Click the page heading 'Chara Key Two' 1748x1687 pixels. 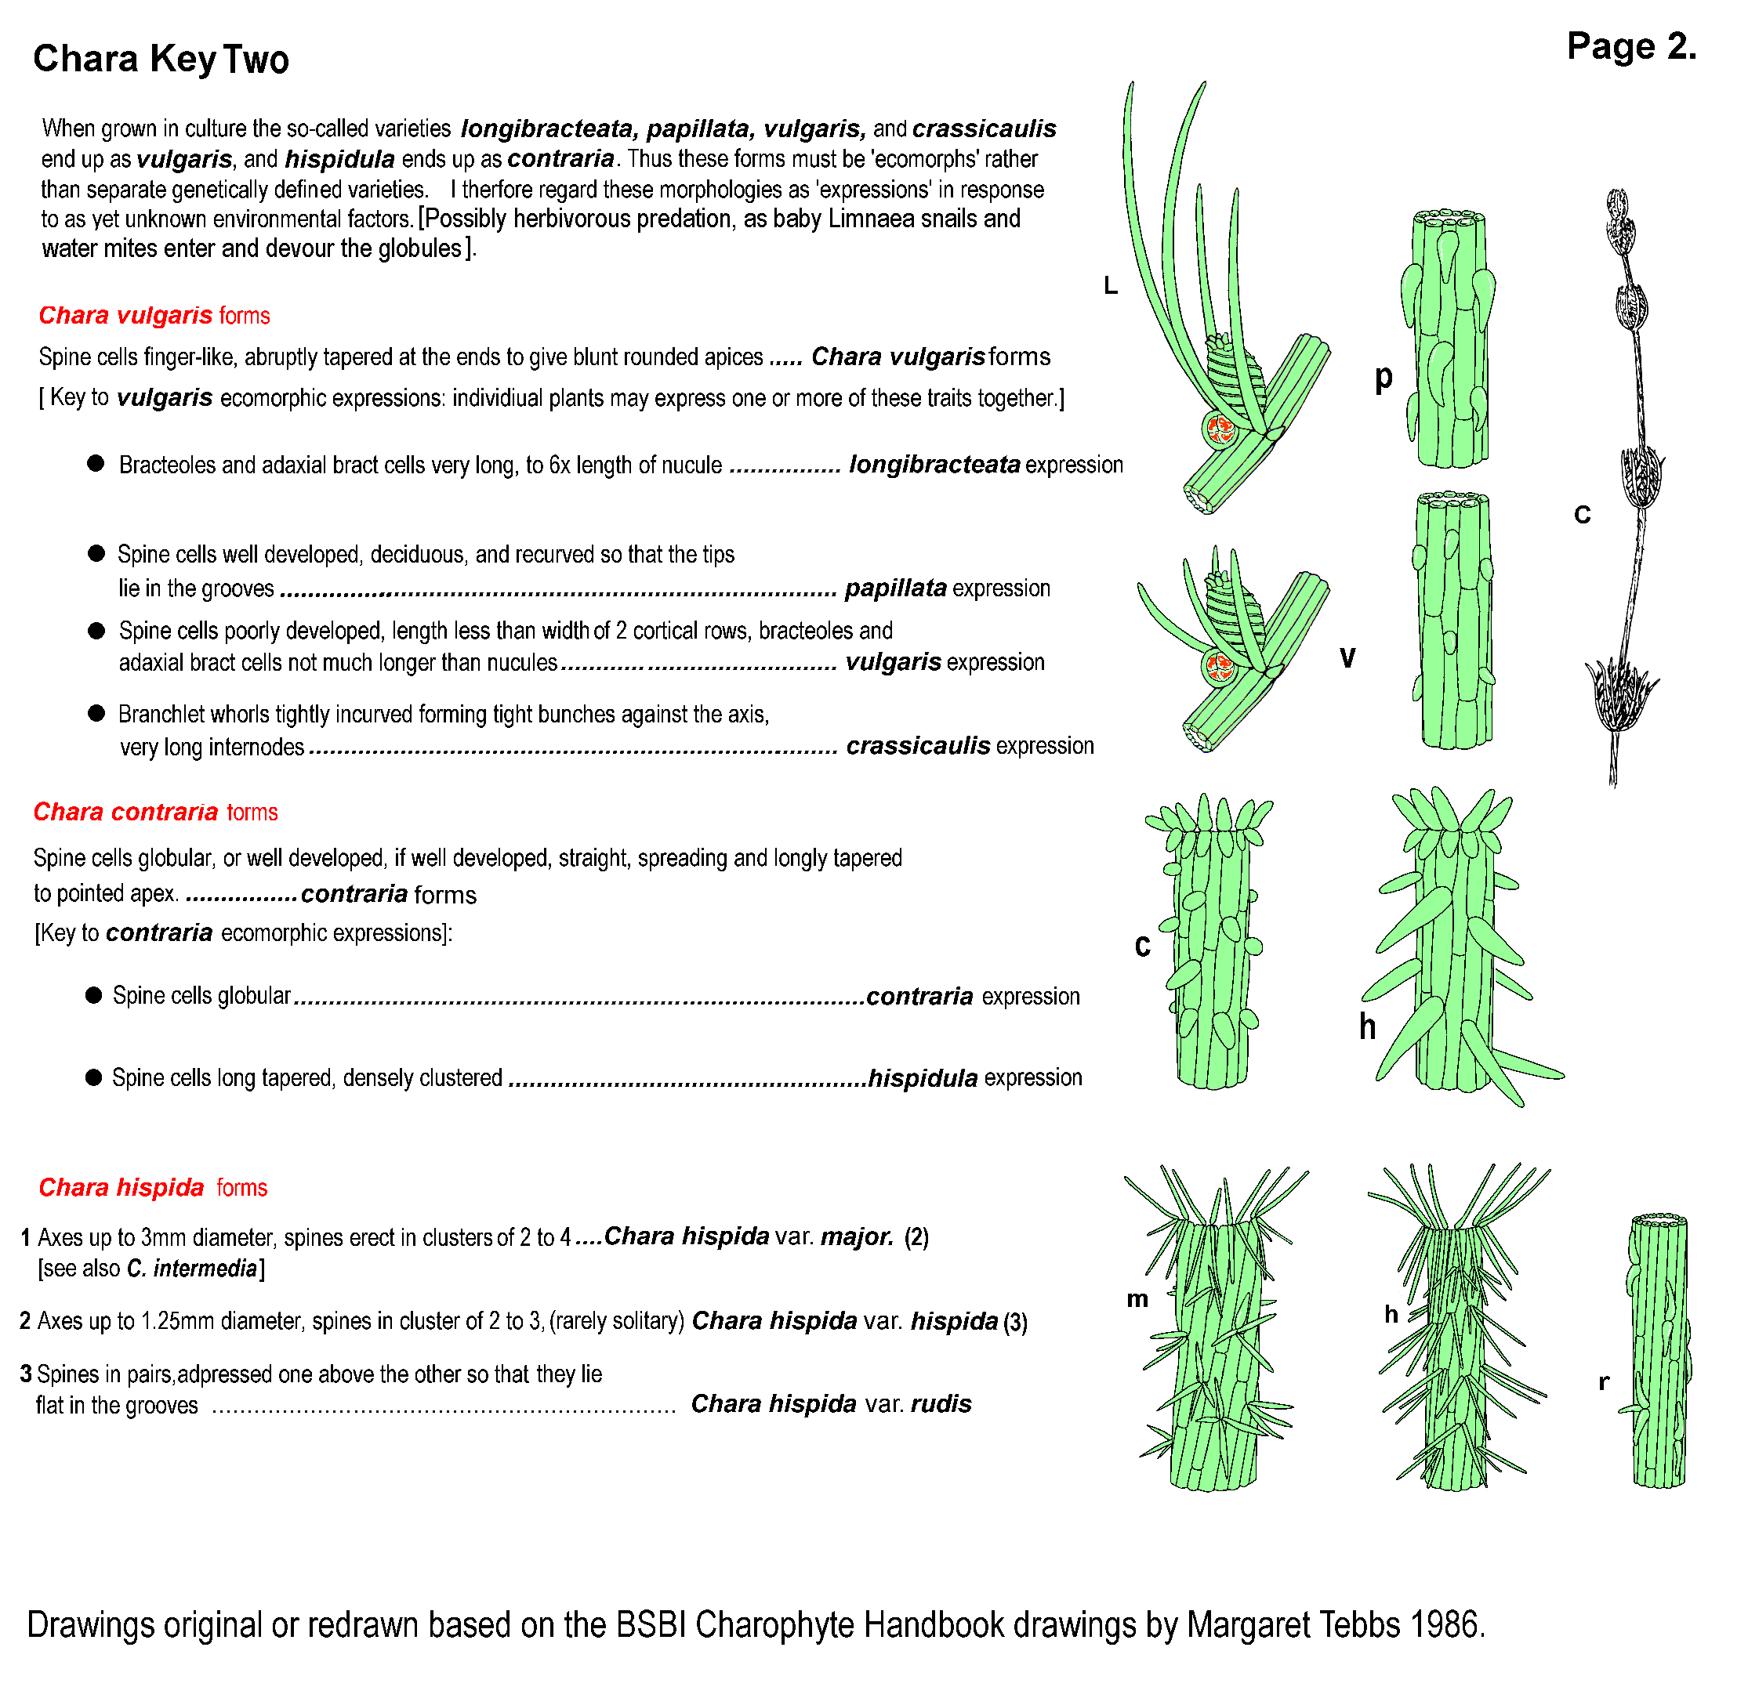[x=161, y=59]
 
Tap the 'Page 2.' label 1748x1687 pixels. [x=1630, y=46]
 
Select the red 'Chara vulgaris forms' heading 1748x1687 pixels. [x=154, y=316]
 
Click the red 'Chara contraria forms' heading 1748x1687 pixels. [x=155, y=813]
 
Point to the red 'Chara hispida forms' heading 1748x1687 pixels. [x=153, y=1188]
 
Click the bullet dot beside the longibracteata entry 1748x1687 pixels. [x=96, y=464]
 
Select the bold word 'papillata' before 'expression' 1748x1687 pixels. [x=895, y=588]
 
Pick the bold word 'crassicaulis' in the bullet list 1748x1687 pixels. [x=918, y=745]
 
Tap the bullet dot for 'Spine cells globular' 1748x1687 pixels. [x=93, y=995]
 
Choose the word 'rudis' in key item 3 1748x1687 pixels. [x=941, y=1403]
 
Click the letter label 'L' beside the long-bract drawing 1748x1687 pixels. [x=1111, y=285]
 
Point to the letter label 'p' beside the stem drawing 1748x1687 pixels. [x=1384, y=377]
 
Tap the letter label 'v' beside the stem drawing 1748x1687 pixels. [x=1347, y=657]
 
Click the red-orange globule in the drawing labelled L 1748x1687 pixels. [x=1219, y=429]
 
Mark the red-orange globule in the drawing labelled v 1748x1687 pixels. [x=1219, y=665]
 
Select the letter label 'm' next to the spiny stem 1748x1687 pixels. [x=1137, y=1299]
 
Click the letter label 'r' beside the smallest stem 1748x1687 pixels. [x=1604, y=1382]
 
